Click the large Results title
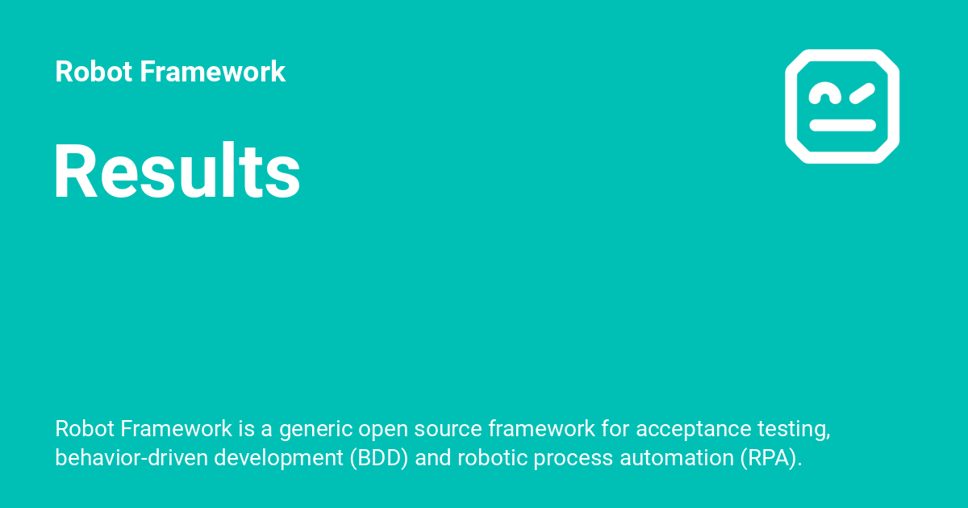177,172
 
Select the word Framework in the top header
212,72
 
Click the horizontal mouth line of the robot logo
842,125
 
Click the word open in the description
383,429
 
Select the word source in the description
447,429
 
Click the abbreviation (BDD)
379,458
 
